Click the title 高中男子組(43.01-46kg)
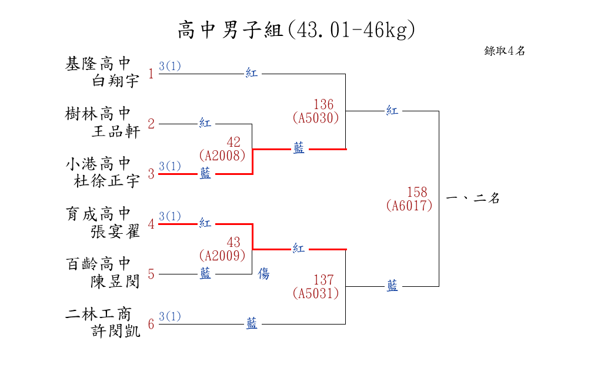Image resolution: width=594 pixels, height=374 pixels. point(296,29)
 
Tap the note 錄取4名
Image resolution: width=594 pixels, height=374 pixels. point(505,51)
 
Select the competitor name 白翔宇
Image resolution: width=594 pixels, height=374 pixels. point(116,81)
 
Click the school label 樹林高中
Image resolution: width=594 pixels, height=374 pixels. point(98,113)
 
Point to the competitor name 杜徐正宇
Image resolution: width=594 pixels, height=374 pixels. point(107,181)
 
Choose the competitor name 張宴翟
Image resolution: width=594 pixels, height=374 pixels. point(116,232)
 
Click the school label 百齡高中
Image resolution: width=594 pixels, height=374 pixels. point(98,264)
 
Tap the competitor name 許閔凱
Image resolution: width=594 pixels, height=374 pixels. point(116,332)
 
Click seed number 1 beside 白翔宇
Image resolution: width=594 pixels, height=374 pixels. point(151,74)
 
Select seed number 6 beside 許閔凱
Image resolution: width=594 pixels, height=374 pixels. point(151,324)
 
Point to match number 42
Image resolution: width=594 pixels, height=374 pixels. point(233,143)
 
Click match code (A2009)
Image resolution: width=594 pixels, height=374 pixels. point(222,256)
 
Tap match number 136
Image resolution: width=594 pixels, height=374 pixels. point(323,105)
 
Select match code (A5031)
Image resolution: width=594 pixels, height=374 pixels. point(316,293)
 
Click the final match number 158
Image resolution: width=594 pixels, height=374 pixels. point(417,193)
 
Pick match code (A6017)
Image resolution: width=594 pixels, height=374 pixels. point(409,206)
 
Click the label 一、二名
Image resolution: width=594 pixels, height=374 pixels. point(473,199)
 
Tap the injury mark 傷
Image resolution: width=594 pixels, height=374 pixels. point(264,274)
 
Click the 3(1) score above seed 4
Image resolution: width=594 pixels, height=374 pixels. point(170,216)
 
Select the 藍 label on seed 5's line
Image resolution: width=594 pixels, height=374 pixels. point(205,274)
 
